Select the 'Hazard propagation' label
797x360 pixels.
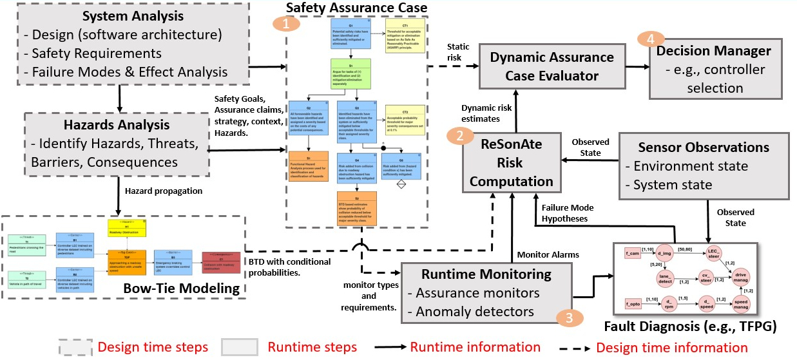(164, 191)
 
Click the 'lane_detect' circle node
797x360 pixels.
(666, 278)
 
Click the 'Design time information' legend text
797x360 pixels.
(672, 348)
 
